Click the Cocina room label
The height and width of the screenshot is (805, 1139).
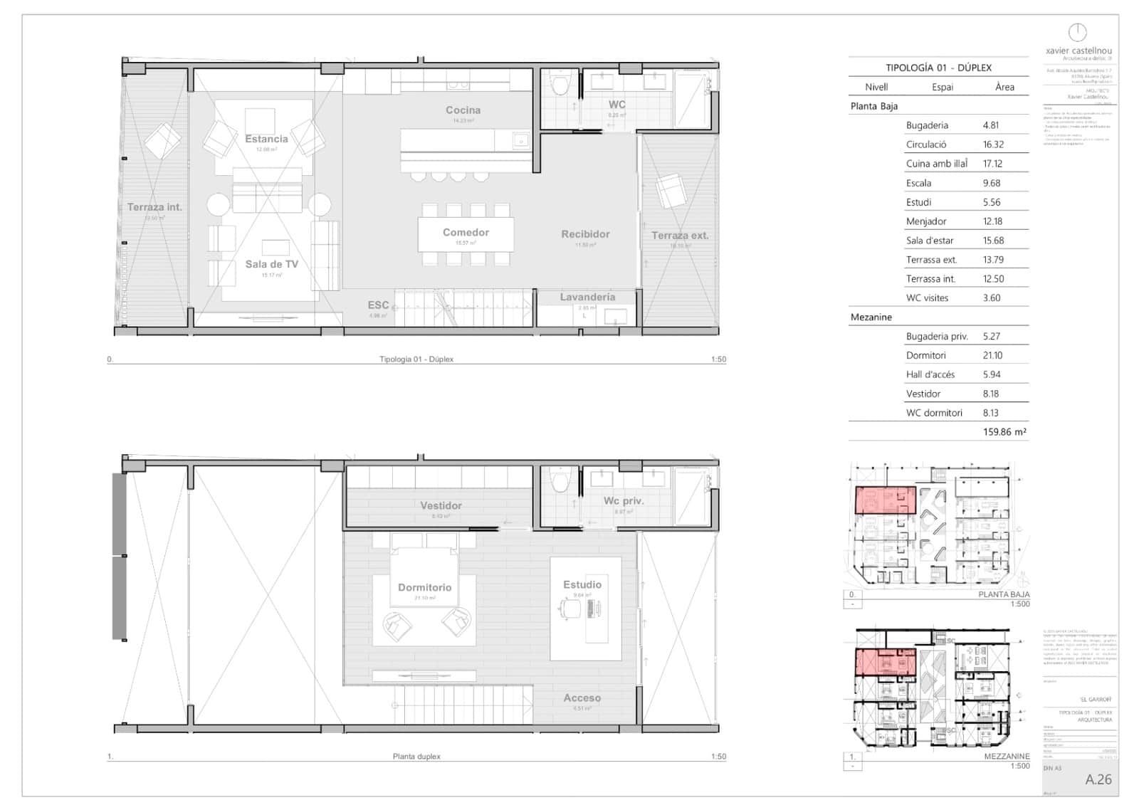pyautogui.click(x=463, y=110)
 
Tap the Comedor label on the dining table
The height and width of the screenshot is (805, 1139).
pyautogui.click(x=466, y=233)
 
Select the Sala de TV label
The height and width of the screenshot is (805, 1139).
pyautogui.click(x=271, y=264)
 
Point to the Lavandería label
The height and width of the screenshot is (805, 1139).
pyautogui.click(x=587, y=298)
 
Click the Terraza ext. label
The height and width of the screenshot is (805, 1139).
pyautogui.click(x=680, y=236)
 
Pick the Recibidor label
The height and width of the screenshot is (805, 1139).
pyautogui.click(x=585, y=234)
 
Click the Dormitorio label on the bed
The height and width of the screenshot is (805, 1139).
pyautogui.click(x=424, y=588)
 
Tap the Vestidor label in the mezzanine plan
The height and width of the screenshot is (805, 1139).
pyautogui.click(x=441, y=506)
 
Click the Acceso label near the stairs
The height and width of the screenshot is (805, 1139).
pyautogui.click(x=582, y=698)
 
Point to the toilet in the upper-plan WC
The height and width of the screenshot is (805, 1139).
pyautogui.click(x=560, y=85)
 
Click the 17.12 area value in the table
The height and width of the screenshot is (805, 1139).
pyautogui.click(x=992, y=164)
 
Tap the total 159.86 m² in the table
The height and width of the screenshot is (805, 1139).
pyautogui.click(x=1004, y=432)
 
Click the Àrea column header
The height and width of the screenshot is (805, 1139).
pyautogui.click(x=1004, y=87)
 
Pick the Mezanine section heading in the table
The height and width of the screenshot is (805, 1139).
pyautogui.click(x=871, y=317)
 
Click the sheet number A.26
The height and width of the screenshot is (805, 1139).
pyautogui.click(x=1098, y=779)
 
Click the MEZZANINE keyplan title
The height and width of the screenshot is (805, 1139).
pyautogui.click(x=1007, y=757)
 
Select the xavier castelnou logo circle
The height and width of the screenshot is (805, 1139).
pyautogui.click(x=1078, y=32)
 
